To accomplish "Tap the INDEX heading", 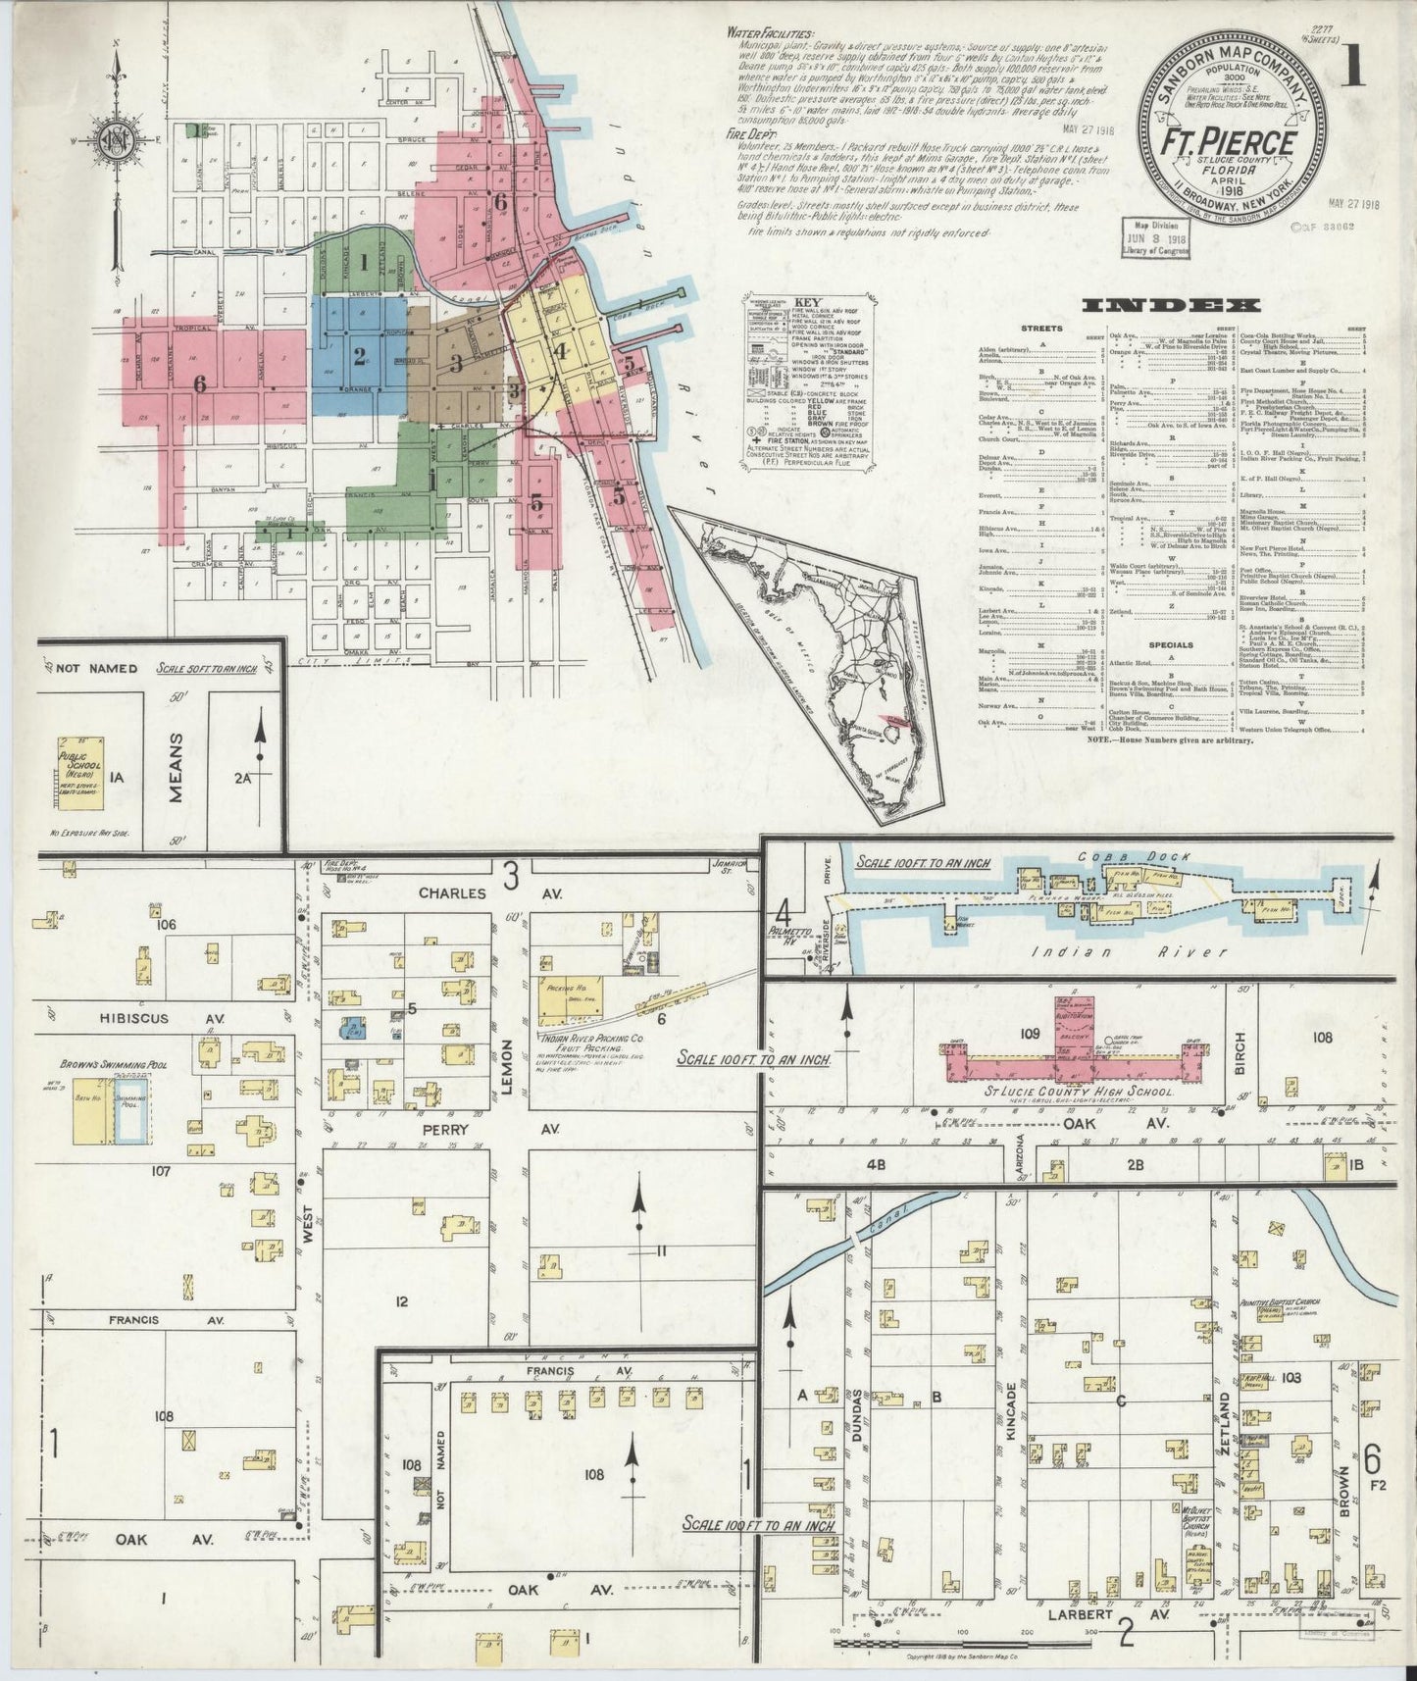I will (1157, 306).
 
